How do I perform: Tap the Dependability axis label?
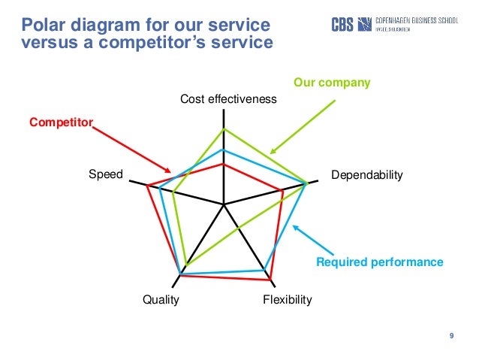pos(367,175)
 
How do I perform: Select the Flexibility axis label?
pos(287,300)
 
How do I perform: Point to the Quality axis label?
pos(161,300)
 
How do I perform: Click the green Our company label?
pos(331,82)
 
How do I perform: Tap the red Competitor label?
pos(60,120)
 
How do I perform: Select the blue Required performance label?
pos(380,262)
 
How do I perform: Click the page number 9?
pos(451,335)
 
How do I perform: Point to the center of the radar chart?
pos(224,204)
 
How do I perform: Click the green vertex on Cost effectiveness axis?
pos(224,129)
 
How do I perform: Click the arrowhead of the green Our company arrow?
pos(272,153)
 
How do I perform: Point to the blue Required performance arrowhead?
pos(294,225)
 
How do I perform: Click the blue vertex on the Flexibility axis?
pos(264,269)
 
